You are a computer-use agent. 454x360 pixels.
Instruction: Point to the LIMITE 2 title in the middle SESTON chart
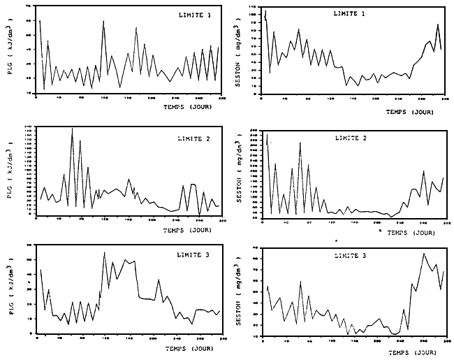tap(349, 138)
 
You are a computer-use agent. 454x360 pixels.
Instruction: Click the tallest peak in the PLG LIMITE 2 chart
tap(72, 128)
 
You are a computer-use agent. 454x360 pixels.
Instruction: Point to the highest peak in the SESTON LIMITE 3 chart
tap(424, 254)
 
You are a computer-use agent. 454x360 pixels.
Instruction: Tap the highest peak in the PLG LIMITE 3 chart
tap(104, 252)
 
